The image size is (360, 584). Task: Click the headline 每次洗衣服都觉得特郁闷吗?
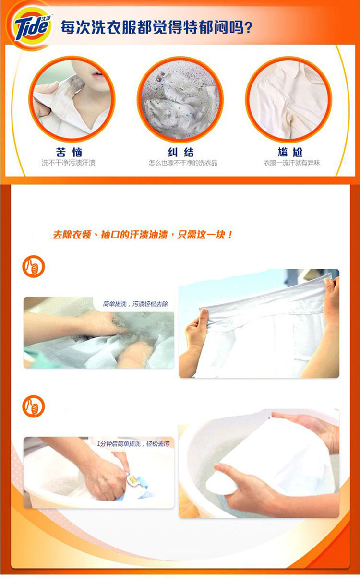click(156, 27)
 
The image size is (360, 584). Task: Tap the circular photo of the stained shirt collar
click(72, 99)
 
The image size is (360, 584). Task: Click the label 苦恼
click(69, 152)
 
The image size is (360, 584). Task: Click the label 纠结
click(181, 152)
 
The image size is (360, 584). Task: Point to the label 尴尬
click(290, 152)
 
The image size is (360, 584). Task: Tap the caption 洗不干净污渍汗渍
click(69, 163)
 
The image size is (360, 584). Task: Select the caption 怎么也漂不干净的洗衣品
click(183, 163)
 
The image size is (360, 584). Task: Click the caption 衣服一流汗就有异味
click(292, 163)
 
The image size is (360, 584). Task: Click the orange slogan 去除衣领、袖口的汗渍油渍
click(110, 235)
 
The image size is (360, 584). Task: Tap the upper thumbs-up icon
click(34, 266)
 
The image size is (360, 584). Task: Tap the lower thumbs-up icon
click(34, 406)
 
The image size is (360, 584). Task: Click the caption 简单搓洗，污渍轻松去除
click(135, 304)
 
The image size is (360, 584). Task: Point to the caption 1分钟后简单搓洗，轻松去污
click(133, 444)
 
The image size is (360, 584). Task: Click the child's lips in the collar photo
click(97, 75)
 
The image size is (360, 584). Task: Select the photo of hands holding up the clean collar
click(259, 323)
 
